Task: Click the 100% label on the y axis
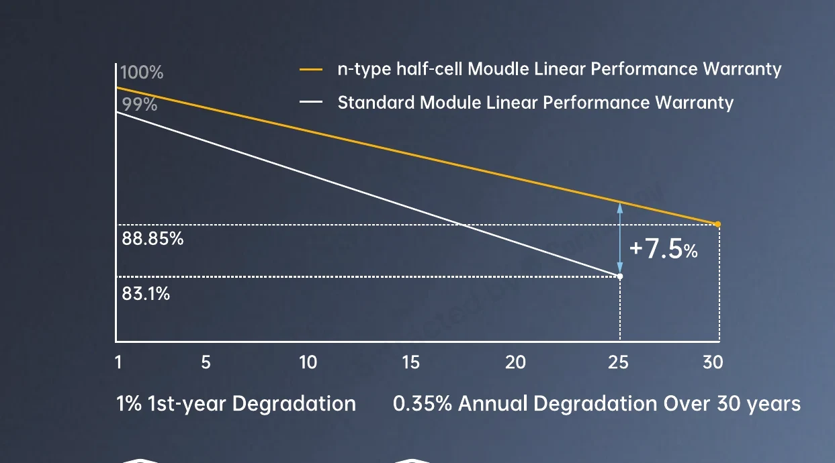click(142, 72)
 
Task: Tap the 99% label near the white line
click(140, 104)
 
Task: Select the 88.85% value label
click(152, 238)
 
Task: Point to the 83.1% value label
click(146, 293)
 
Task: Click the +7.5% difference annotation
click(664, 249)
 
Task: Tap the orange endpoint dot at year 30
click(718, 224)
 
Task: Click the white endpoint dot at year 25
click(620, 276)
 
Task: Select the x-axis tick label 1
click(118, 362)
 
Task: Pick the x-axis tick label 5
click(206, 362)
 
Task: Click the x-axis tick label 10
click(308, 362)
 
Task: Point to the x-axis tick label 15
click(411, 362)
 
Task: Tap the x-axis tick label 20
click(515, 362)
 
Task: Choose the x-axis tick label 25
click(618, 362)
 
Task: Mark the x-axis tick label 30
click(713, 362)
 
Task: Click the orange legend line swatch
click(311, 69)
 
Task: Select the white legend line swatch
click(311, 102)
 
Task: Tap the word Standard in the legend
click(376, 103)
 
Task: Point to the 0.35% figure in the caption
click(423, 403)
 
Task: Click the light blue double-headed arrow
click(620, 238)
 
